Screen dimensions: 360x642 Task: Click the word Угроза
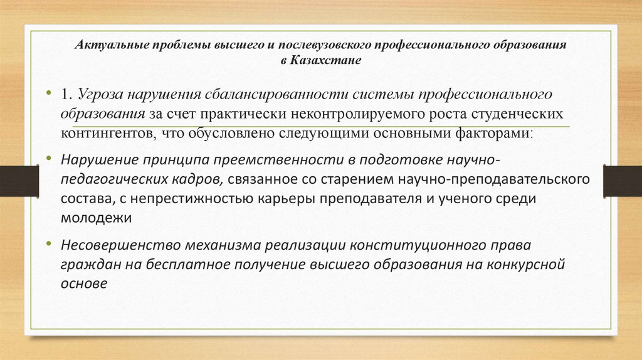click(99, 94)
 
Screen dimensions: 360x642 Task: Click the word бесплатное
click(185, 264)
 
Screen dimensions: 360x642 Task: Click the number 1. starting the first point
click(66, 94)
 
